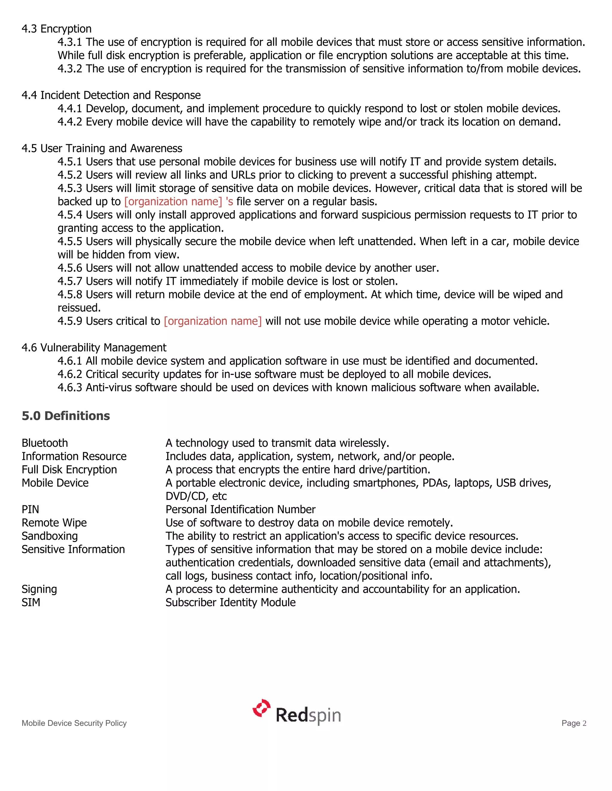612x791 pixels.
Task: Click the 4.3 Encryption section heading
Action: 56,29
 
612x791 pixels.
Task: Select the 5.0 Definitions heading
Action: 66,416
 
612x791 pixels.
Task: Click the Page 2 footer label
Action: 573,723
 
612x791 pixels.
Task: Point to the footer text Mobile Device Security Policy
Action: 74,723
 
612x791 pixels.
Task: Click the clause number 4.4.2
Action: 70,122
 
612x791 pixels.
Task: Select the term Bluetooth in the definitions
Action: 45,443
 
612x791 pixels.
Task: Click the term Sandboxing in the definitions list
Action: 50,536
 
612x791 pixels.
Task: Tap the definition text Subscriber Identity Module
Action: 231,602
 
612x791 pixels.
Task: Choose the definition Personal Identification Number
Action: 240,510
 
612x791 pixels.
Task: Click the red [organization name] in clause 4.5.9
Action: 212,321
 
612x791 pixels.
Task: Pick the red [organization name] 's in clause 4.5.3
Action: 178,201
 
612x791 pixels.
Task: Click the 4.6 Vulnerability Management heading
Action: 94,348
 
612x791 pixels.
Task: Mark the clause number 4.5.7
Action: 70,281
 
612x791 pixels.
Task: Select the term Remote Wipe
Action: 54,523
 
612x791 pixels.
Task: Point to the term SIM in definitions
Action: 31,602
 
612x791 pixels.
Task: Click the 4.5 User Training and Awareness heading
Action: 102,148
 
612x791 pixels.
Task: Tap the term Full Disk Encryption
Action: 69,470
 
